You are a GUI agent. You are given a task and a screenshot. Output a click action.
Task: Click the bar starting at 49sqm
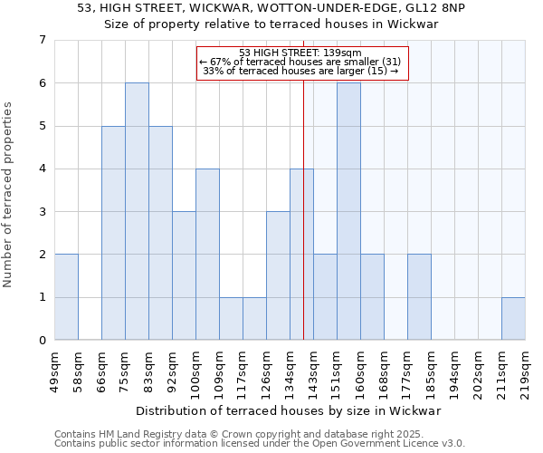pyautogui.click(x=66, y=297)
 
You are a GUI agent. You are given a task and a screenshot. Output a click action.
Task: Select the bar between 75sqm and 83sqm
pyautogui.click(x=137, y=211)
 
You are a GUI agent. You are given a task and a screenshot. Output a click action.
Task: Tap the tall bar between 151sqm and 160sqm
pyautogui.click(x=348, y=211)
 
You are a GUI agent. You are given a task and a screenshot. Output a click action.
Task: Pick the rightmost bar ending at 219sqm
pyautogui.click(x=513, y=318)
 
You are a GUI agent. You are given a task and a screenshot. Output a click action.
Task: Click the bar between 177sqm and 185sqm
pyautogui.click(x=419, y=297)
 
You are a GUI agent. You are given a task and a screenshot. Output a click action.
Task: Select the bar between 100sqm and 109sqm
pyautogui.click(x=207, y=254)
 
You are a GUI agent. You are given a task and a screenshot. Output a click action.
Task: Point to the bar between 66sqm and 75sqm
pyautogui.click(x=113, y=233)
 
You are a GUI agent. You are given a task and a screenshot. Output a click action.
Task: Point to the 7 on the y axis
pyautogui.click(x=42, y=40)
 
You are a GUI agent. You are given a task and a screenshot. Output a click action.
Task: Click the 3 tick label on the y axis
pyautogui.click(x=42, y=212)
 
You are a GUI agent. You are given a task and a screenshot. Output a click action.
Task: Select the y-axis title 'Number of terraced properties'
pyautogui.click(x=10, y=194)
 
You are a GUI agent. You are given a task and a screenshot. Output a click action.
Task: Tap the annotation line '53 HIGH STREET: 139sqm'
pyautogui.click(x=300, y=53)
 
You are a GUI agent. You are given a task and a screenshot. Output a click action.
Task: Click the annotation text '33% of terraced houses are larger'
pyautogui.click(x=300, y=71)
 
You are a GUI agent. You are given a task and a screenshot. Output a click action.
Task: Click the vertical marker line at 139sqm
pyautogui.click(x=303, y=226)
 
